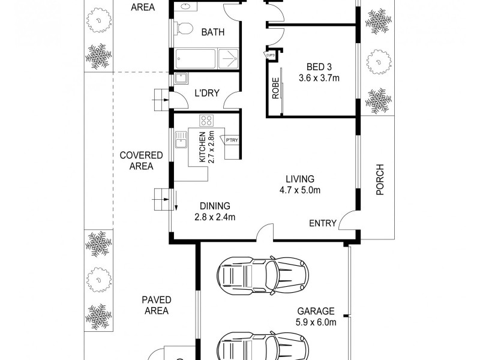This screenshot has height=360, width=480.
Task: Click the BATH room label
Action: coord(212,32)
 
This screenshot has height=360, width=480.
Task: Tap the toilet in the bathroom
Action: coord(184,28)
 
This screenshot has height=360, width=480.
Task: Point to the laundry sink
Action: coord(181,79)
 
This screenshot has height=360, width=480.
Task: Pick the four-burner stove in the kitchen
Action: coord(207,119)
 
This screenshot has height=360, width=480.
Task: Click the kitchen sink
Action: coord(180,141)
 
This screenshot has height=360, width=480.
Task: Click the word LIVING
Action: coord(299,179)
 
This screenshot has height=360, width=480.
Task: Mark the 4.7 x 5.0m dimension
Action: coord(300,191)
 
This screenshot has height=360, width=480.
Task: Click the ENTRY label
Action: coord(322,223)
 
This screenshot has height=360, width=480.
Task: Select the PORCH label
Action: coord(379,180)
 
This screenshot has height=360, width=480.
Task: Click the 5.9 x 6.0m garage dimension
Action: coord(316,322)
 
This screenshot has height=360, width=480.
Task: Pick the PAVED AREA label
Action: coord(157,305)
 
